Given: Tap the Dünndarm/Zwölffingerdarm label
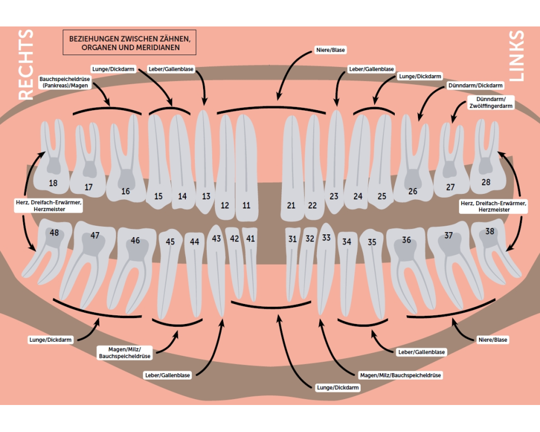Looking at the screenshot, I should click(490, 103).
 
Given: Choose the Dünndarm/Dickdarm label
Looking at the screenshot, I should click(475, 86).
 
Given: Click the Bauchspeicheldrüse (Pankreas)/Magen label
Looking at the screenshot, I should click(64, 82).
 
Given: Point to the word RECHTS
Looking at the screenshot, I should click(26, 65).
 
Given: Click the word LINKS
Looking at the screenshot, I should click(516, 56).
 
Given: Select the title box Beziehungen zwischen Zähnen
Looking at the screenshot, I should click(130, 43).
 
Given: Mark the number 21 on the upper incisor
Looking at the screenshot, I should click(292, 205).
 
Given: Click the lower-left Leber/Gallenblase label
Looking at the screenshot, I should click(167, 375).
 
